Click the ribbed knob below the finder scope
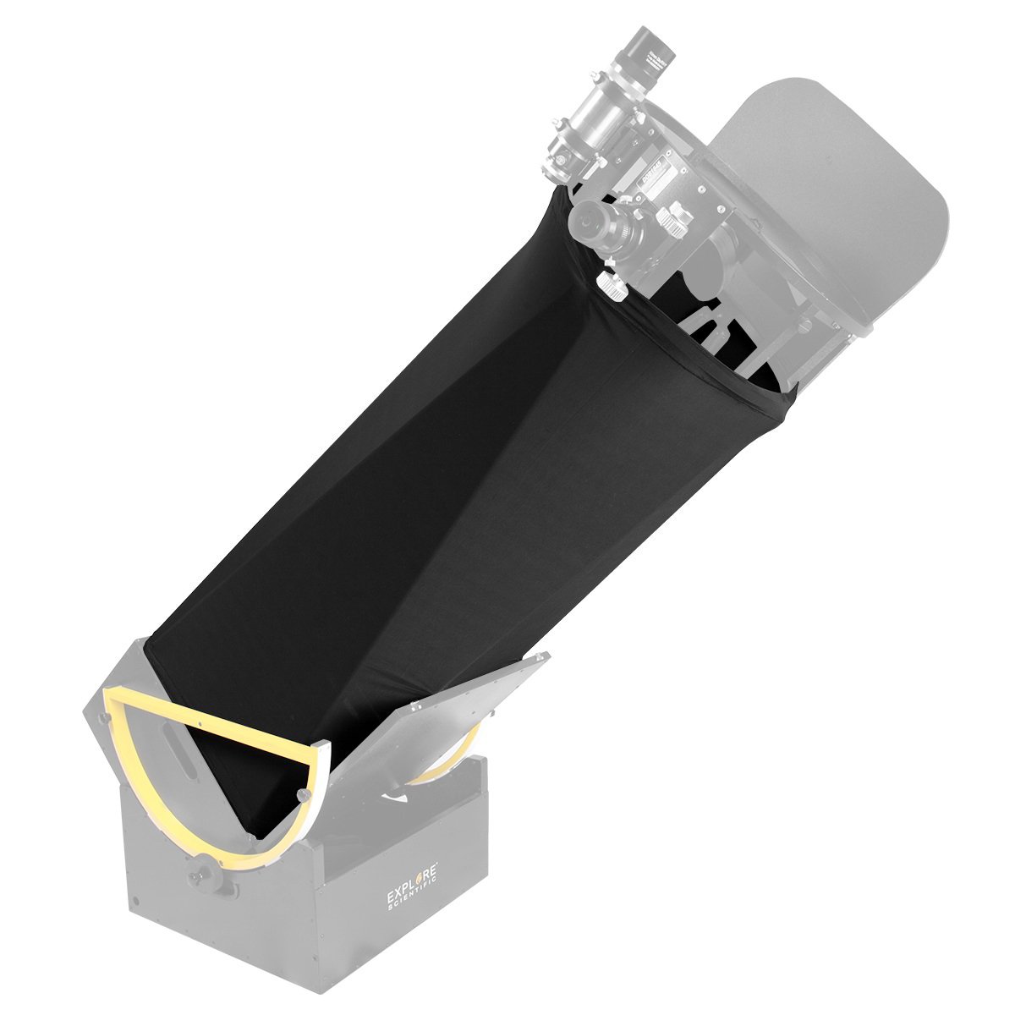coord(615,285)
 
